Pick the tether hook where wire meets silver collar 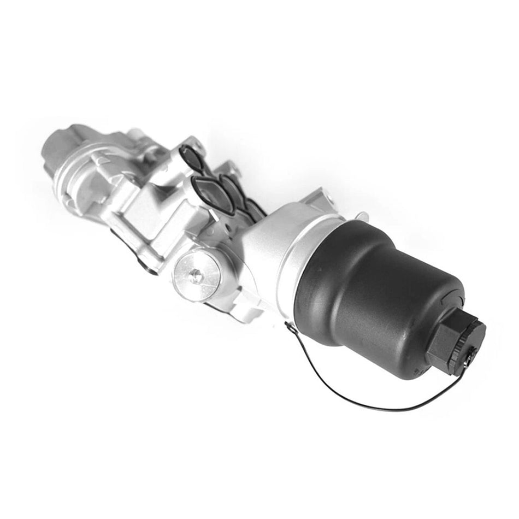click(288, 325)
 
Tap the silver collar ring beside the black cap click(298, 257)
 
